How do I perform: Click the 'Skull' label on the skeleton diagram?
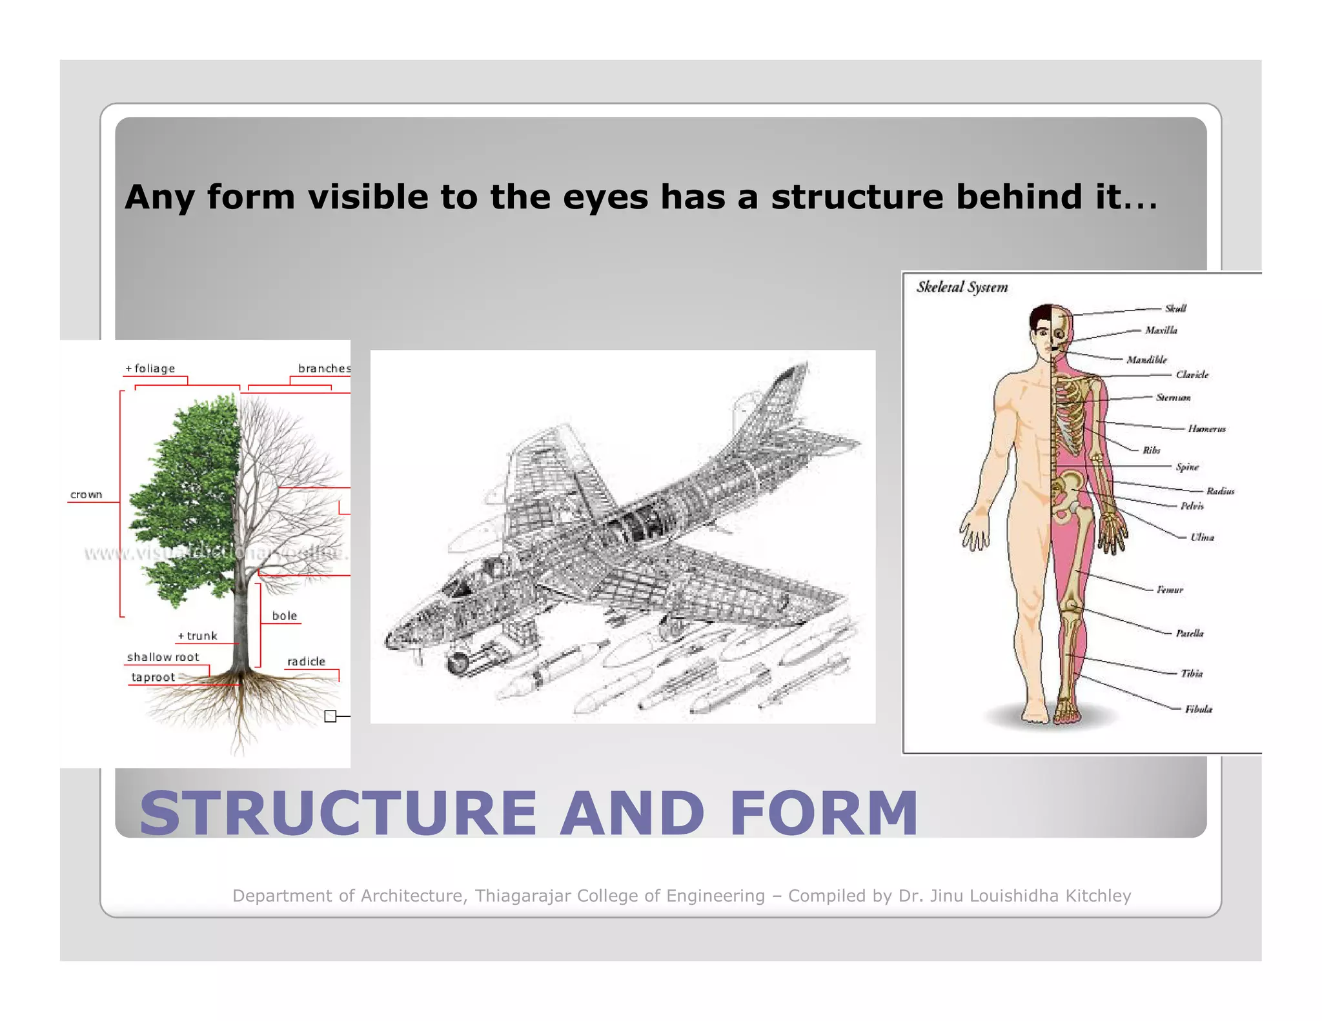(x=1175, y=308)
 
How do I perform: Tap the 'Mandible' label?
(x=1146, y=359)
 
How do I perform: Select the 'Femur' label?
(x=1170, y=589)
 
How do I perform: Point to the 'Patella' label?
(x=1189, y=633)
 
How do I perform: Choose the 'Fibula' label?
(x=1198, y=709)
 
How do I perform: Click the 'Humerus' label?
(x=1206, y=429)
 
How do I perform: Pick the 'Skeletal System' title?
(x=962, y=287)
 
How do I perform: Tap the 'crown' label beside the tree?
(x=86, y=495)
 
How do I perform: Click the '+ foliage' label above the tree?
(x=150, y=369)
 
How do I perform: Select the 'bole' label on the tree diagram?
(x=285, y=616)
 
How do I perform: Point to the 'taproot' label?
(x=153, y=677)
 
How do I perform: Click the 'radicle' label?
(x=307, y=662)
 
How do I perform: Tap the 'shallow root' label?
(x=163, y=657)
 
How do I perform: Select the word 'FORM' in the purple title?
(x=824, y=813)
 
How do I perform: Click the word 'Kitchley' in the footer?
(x=1098, y=896)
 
